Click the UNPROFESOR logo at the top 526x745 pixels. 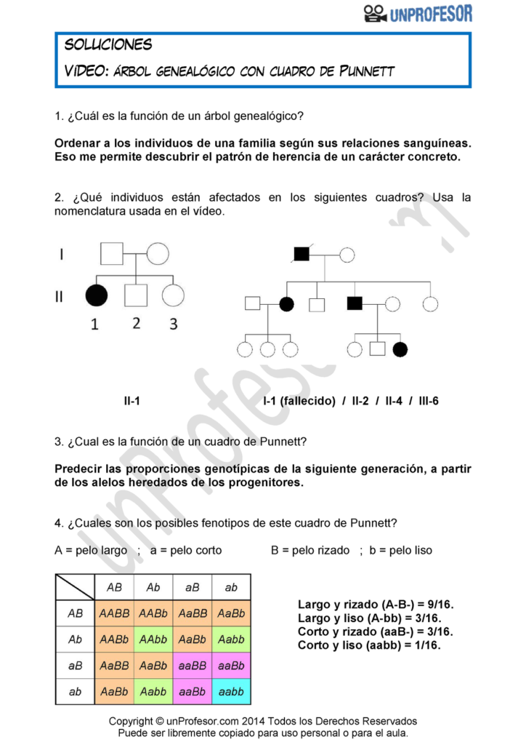[x=418, y=13]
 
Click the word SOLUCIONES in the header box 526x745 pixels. [x=108, y=44]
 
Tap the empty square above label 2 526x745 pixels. [x=136, y=295]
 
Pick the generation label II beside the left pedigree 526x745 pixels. [x=62, y=295]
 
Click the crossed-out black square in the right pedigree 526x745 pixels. [x=302, y=254]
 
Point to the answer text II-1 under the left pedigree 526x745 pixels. [x=131, y=401]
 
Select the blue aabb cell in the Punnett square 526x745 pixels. [x=231, y=692]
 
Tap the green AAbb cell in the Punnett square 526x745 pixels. [x=153, y=640]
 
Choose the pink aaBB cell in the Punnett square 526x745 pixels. [x=193, y=666]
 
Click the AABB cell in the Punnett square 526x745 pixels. [x=114, y=613]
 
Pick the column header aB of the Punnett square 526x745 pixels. [x=193, y=586]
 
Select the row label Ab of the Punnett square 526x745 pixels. [x=75, y=640]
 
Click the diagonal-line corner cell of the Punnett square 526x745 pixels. [x=75, y=586]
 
